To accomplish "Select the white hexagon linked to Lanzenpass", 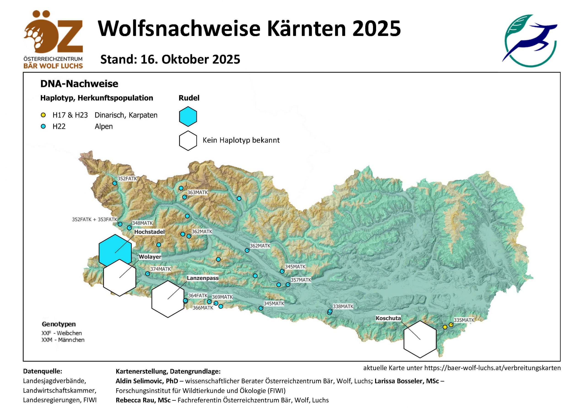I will coord(168,299).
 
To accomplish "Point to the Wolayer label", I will coord(150,257).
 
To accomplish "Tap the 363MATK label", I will coord(198,193).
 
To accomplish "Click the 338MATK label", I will coord(343,306).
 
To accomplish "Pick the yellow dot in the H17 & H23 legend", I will coord(43,115).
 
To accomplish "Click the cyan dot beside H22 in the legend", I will coord(43,126).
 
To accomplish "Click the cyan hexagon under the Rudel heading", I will coord(188,116).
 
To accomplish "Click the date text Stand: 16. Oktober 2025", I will coord(170,59).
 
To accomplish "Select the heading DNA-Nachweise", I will coord(79,84).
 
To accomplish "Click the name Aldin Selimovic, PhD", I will coord(147,381).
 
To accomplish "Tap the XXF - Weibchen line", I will coord(62,333).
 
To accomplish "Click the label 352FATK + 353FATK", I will coord(95,219).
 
